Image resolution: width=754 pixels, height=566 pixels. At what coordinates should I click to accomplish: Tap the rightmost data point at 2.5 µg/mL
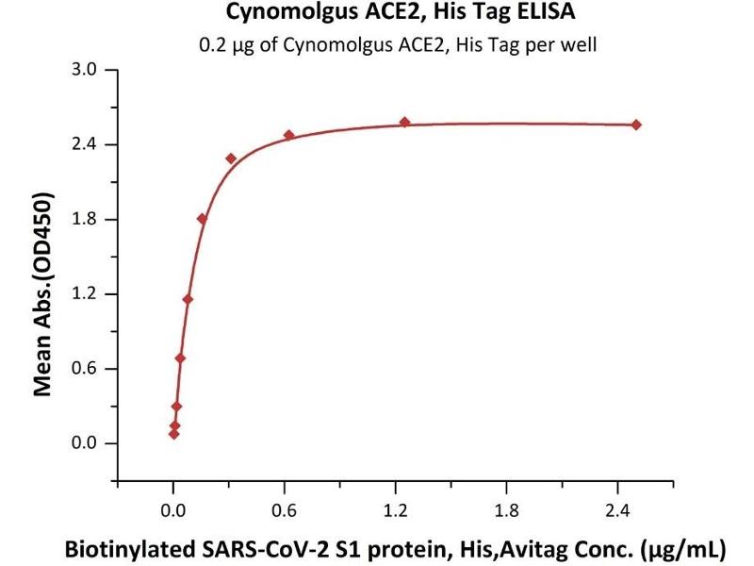[636, 125]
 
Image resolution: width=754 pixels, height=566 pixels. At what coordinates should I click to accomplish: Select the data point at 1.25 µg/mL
[404, 122]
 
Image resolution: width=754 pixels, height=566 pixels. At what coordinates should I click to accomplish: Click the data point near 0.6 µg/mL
[288, 135]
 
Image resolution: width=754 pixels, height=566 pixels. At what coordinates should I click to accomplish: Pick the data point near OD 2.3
[231, 158]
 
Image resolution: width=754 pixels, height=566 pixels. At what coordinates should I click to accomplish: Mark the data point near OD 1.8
[202, 218]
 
